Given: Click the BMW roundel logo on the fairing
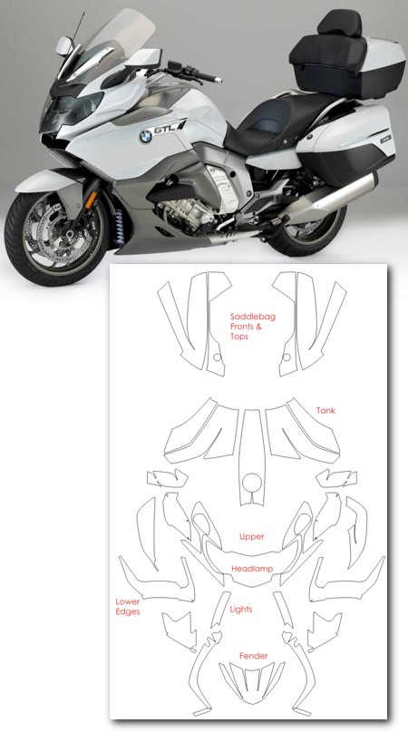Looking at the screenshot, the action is (145, 137).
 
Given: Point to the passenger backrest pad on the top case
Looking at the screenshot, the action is (339, 24).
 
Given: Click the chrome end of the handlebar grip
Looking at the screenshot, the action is (218, 81).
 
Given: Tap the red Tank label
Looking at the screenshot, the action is (325, 410).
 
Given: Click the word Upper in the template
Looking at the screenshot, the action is (252, 537).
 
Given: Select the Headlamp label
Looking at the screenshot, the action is (252, 569).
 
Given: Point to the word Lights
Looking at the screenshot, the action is (241, 609).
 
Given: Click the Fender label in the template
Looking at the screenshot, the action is (254, 656).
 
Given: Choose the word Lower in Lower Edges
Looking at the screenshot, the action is (128, 601).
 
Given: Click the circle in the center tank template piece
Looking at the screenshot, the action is (252, 483).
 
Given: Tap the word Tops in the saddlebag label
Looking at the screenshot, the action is (239, 337).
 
